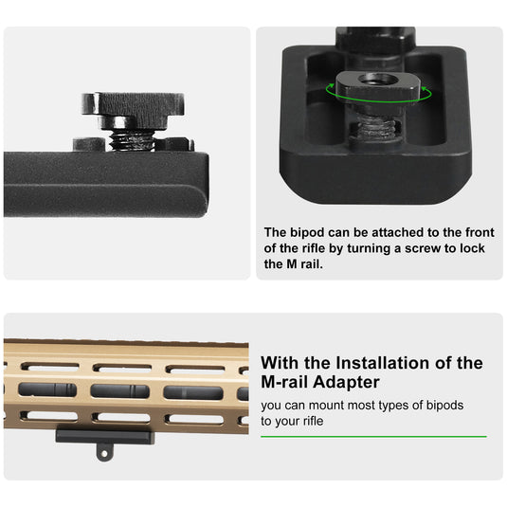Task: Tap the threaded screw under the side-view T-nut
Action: (x=133, y=139)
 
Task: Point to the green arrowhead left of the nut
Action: (x=330, y=90)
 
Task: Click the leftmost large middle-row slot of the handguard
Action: (x=46, y=390)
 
